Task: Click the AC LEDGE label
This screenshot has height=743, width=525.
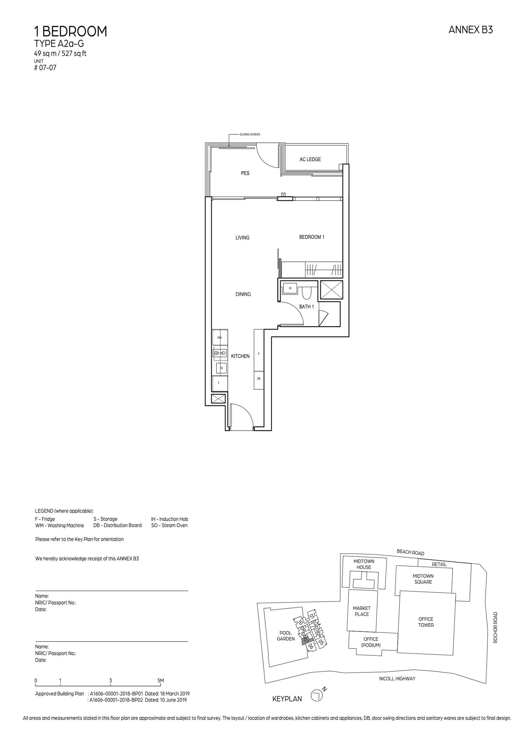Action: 310,159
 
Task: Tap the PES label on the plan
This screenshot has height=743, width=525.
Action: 245,173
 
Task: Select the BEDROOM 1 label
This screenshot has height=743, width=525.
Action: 311,237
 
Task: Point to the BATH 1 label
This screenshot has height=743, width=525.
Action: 306,307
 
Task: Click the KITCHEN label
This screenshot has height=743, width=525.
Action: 240,356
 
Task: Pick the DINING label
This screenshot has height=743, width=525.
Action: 243,294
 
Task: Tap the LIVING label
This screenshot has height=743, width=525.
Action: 242,238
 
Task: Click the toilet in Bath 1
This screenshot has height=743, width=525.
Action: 306,293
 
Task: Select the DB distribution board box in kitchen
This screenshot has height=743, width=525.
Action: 259,379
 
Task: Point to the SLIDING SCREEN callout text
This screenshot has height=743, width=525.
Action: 250,135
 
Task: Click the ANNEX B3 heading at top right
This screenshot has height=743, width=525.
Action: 470,30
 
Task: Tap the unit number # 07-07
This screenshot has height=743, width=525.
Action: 45,68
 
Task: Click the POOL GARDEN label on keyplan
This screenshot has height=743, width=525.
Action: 285,636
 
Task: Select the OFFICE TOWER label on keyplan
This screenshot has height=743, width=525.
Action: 426,622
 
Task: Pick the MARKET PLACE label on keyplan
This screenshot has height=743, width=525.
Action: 362,611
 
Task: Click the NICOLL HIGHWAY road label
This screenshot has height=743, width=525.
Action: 397,678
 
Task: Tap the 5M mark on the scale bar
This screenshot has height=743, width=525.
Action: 160,681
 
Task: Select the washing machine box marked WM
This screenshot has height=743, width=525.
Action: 219,337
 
